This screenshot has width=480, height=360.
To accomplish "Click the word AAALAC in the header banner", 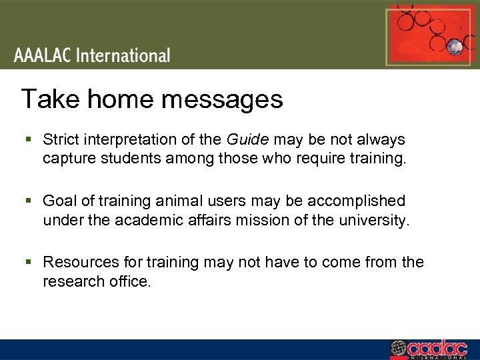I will (x=43, y=55).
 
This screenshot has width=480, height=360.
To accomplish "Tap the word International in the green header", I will (x=123, y=55).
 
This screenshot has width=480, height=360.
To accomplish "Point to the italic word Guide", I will (x=248, y=140).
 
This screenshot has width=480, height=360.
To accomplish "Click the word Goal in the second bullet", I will (x=58, y=201).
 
